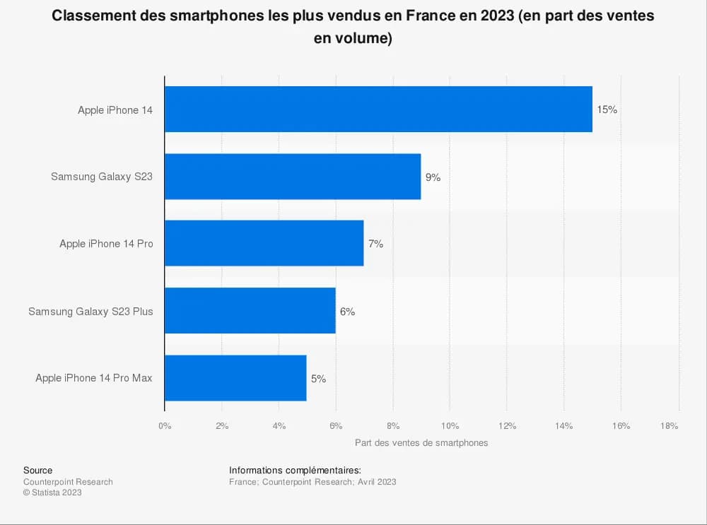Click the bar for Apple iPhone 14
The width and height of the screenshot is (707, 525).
point(378,110)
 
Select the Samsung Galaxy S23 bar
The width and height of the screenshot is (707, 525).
point(293,177)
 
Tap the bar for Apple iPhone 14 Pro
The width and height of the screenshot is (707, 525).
point(264,244)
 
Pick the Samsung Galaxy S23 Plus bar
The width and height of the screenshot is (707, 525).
point(250,311)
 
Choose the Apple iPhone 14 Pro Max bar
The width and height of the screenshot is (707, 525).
point(235,378)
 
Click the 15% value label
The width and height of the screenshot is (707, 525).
point(607,110)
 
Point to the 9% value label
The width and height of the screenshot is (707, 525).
point(433,177)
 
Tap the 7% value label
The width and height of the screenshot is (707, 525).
point(375,244)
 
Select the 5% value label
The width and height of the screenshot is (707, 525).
point(318,379)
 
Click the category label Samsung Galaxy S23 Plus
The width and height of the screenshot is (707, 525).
point(90,311)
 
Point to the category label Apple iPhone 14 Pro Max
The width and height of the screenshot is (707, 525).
point(94,378)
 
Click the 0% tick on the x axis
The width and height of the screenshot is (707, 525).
point(165,426)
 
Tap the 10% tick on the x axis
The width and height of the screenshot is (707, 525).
point(450,426)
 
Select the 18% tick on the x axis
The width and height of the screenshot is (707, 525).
point(669,426)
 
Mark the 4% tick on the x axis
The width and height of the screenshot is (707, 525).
point(279,426)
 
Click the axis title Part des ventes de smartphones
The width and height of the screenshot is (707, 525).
point(421,443)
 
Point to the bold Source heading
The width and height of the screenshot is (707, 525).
point(37,471)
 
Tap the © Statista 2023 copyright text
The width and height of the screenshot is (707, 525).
point(52,492)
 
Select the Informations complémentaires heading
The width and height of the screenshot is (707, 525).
point(295,471)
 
